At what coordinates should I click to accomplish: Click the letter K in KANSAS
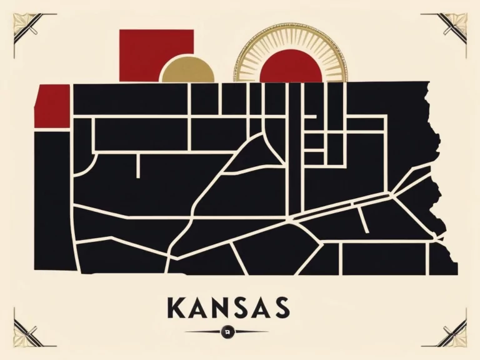coord(177,307)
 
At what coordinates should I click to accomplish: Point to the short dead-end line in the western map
coord(137,166)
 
